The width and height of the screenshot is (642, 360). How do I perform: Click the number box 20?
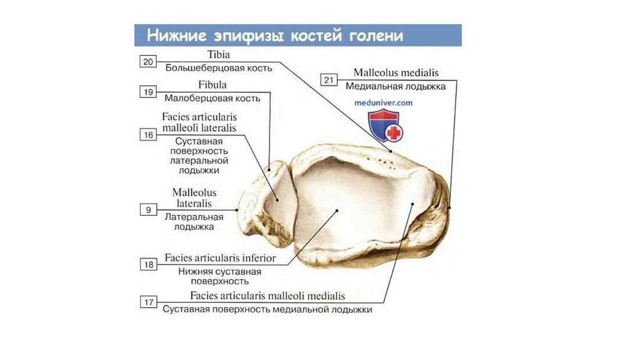[148, 61]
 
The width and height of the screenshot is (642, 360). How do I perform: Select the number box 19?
[148, 92]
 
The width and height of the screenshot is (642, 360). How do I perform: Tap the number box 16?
[148, 134]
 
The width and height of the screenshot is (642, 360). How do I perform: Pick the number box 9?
[148, 210]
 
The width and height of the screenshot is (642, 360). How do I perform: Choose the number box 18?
[148, 265]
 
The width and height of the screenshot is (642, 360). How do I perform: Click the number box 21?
[330, 80]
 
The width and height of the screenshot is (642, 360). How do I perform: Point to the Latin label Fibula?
[213, 85]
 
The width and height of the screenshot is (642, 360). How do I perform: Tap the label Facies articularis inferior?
[220, 258]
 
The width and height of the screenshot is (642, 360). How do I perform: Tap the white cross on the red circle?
[394, 133]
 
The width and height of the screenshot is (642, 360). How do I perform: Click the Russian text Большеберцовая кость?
[213, 66]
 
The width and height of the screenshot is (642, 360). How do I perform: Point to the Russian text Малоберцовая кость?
[213, 98]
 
